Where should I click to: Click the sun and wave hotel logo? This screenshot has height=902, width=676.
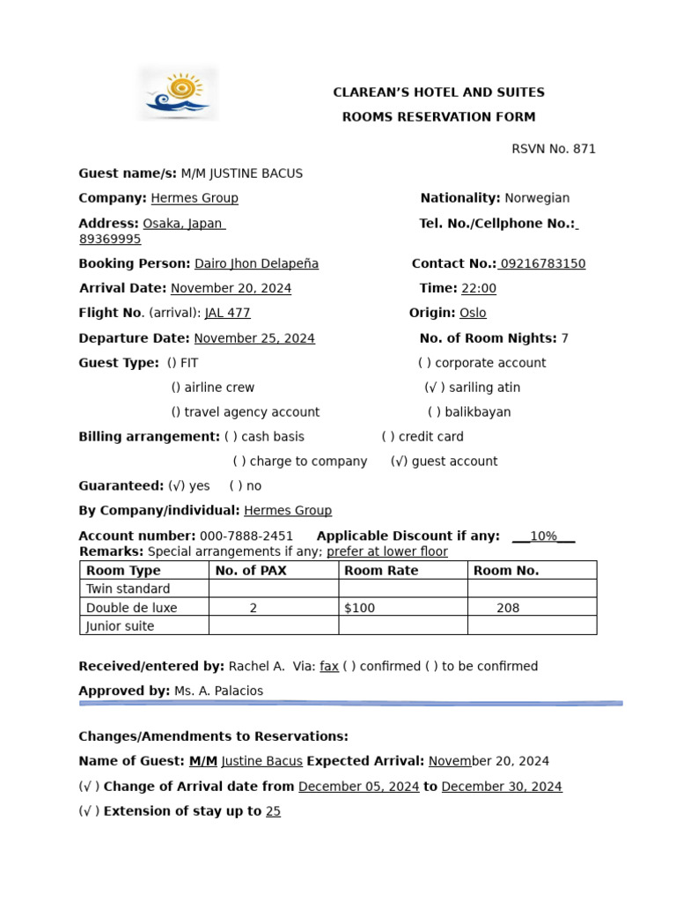[x=178, y=94]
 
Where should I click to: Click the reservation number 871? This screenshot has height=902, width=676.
[x=584, y=149]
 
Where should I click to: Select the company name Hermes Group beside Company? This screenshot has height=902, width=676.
[x=195, y=198]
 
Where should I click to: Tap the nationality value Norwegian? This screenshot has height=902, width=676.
[x=537, y=198]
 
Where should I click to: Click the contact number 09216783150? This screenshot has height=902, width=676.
[x=542, y=263]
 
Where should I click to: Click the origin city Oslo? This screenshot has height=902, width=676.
[x=473, y=313]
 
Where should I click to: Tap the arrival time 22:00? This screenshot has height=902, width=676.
[x=479, y=288]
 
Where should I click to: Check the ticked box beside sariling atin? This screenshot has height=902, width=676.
[x=435, y=388]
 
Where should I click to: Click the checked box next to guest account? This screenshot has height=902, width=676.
[x=399, y=462]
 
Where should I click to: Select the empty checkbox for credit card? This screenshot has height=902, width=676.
[x=389, y=437]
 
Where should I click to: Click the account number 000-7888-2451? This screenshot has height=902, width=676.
[x=246, y=536]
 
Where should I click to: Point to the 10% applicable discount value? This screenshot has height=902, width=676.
[x=543, y=536]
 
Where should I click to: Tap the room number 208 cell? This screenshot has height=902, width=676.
[x=508, y=608]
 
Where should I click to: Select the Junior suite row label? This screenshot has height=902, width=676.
[x=120, y=626]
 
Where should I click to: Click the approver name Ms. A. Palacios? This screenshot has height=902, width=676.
[x=218, y=691]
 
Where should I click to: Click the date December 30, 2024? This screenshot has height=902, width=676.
[x=502, y=787]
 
